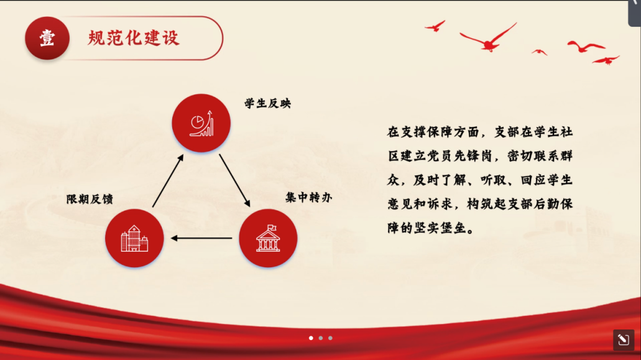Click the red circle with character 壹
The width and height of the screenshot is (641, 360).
[47, 39]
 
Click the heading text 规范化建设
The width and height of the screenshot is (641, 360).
[134, 38]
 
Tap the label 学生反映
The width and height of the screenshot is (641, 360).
[268, 103]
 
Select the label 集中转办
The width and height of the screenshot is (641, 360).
[308, 197]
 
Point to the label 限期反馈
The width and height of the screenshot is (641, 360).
[90, 199]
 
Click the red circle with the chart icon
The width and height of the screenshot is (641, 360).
[201, 123]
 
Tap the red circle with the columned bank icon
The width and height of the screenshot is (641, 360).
[268, 238]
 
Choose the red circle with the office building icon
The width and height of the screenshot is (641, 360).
[134, 238]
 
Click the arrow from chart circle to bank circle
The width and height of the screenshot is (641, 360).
[234, 180]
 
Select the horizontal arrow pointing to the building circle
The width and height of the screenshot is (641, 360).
[201, 238]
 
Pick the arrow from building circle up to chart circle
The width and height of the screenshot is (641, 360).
[168, 180]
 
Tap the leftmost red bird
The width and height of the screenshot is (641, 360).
[435, 26]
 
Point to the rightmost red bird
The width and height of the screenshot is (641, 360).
[606, 60]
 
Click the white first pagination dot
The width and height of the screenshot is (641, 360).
[311, 338]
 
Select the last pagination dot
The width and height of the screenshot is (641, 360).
[330, 338]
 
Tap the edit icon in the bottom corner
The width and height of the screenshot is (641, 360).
[624, 339]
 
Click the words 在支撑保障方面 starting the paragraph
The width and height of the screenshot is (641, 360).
[433, 132]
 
